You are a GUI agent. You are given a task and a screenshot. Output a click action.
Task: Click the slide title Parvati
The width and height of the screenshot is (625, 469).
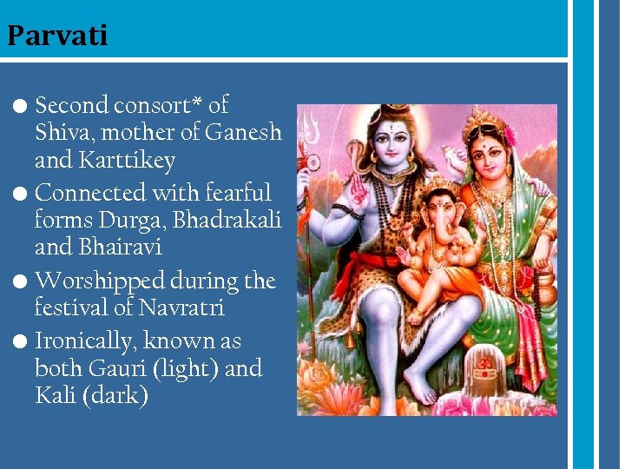pos(57,36)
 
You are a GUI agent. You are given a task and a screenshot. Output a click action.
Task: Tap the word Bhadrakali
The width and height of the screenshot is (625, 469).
pos(227,221)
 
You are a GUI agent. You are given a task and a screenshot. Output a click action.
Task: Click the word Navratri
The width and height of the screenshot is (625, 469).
pos(183,308)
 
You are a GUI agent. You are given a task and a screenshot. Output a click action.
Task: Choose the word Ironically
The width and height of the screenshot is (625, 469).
pos(83,341)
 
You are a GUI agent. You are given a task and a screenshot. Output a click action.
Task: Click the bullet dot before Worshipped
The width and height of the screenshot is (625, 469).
pos(23,281)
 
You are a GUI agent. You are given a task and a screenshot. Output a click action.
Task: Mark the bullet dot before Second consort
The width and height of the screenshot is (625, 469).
pos(23,106)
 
